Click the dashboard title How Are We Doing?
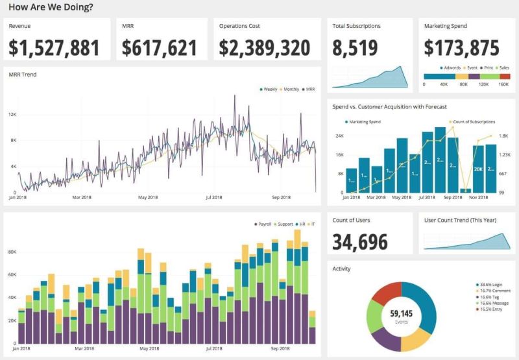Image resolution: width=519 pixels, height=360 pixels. (x=50, y=7)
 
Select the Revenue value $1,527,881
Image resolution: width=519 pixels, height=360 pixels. (x=54, y=48)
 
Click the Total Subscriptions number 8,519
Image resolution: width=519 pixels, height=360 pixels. (x=355, y=48)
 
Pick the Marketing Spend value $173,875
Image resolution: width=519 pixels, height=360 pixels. (x=461, y=48)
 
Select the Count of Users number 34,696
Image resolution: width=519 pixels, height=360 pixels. (x=360, y=241)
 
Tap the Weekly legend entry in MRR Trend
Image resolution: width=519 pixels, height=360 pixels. (x=269, y=89)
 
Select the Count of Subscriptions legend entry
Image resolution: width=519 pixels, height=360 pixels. (x=473, y=121)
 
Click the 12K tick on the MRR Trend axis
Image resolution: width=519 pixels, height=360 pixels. (x=12, y=114)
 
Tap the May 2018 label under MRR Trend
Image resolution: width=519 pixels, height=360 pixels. (x=149, y=197)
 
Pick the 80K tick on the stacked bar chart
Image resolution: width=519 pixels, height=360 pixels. (x=12, y=252)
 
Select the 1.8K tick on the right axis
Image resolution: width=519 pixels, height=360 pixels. (x=505, y=136)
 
